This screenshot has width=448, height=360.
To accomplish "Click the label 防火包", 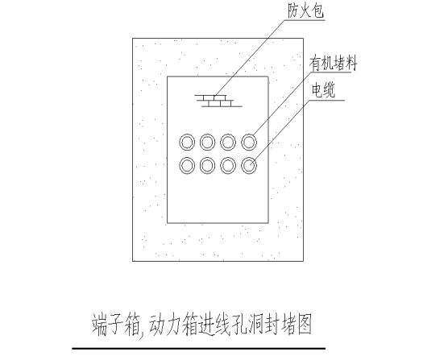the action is click(305, 12).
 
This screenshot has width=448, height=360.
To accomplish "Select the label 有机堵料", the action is click(333, 64).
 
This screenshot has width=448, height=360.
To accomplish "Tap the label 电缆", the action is click(323, 90).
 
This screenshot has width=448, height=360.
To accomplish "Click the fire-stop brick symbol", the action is click(218, 101).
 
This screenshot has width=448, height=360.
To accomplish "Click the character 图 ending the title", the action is click(305, 325).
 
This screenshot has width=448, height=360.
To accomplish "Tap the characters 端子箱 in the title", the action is click(115, 325).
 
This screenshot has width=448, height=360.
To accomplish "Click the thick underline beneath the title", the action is click(198, 348).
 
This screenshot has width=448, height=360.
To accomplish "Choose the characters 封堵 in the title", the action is click(280, 325).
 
